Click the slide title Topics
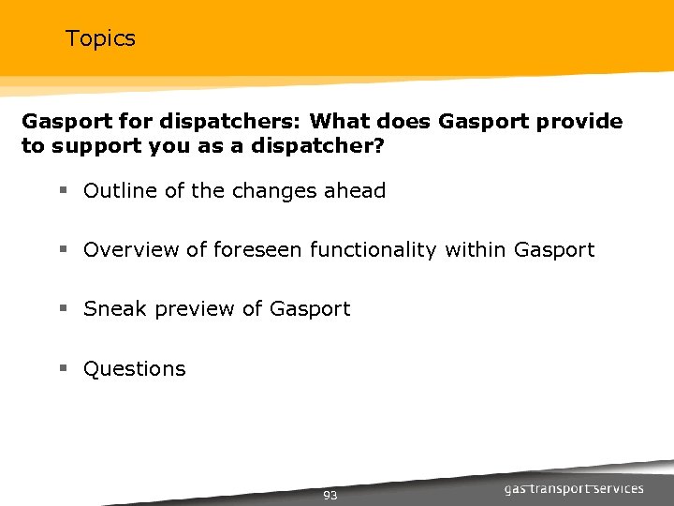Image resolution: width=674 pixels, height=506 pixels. [x=100, y=38]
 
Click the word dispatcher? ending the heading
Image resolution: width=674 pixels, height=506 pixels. [x=341, y=147]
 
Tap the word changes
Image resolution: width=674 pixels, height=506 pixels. [x=274, y=191]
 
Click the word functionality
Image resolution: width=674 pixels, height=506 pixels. [x=374, y=250]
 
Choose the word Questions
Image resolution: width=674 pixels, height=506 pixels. [x=135, y=369]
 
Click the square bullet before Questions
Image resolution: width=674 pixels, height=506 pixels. [x=64, y=369]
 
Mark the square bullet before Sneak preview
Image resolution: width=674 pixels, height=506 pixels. [x=64, y=309]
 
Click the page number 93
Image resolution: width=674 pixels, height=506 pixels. [x=330, y=495]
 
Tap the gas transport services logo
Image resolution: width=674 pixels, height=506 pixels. [x=574, y=488]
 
